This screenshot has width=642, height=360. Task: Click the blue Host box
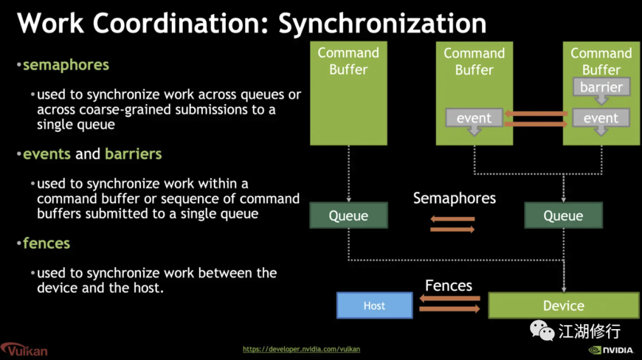(374, 305)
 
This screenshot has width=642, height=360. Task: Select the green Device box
(564, 305)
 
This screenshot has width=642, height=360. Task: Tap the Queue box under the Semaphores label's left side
(348, 215)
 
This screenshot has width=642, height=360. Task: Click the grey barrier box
(601, 87)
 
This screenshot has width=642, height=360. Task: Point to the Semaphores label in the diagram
(454, 198)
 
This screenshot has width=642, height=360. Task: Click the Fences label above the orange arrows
(448, 286)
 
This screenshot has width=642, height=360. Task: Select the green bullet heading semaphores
(66, 65)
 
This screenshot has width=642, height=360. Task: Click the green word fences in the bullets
(46, 243)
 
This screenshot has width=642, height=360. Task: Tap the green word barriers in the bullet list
(133, 154)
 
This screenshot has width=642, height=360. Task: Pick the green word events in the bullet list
(47, 154)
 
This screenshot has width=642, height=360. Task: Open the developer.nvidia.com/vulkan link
(301, 349)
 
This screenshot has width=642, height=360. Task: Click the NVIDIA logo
(610, 350)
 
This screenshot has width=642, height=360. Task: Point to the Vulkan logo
(24, 349)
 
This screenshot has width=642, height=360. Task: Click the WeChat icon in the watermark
(542, 330)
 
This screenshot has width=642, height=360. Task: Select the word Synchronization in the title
(382, 23)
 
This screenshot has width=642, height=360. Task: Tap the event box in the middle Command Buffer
(474, 118)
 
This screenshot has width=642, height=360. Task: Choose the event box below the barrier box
(601, 118)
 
